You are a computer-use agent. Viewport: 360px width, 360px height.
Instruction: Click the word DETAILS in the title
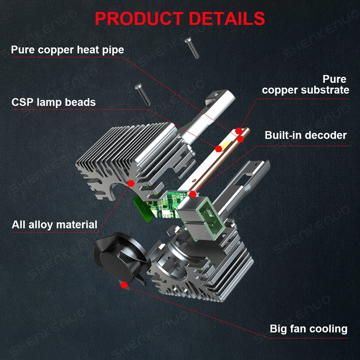tap(227, 19)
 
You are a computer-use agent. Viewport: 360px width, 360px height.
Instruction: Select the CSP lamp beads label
tap(54, 102)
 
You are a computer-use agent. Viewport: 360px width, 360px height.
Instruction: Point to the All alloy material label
tap(54, 225)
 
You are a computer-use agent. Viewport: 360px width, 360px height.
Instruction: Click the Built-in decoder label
tap(306, 135)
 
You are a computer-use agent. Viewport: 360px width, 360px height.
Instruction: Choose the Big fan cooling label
tap(309, 329)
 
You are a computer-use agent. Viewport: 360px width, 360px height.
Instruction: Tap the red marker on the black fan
tap(125, 285)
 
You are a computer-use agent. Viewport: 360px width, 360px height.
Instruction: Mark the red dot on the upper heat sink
tap(130, 183)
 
